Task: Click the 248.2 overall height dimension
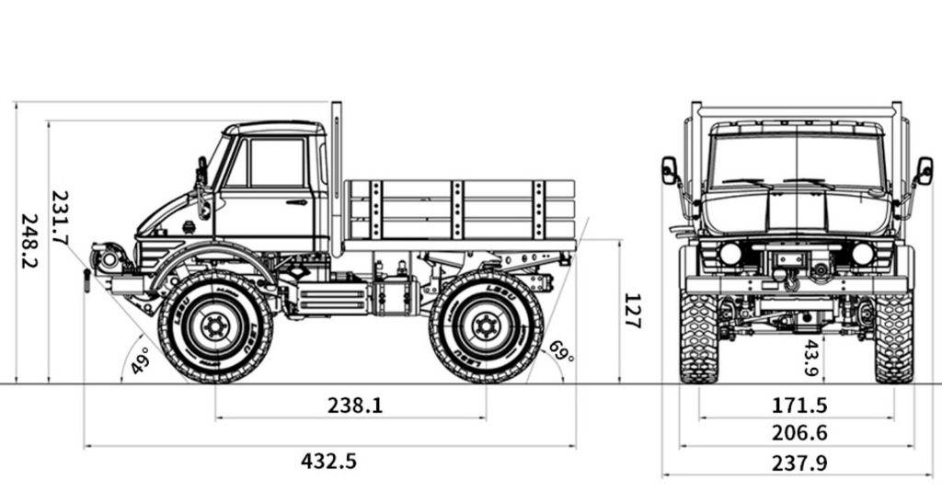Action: (x=29, y=241)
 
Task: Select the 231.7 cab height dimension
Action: (x=60, y=218)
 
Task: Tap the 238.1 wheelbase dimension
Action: (x=355, y=405)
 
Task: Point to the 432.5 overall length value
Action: (x=328, y=461)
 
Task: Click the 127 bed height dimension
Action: (x=632, y=311)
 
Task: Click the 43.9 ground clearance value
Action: (x=811, y=358)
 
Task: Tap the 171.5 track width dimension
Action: (x=798, y=405)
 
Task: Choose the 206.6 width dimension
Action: (x=798, y=433)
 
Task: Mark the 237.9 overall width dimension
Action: (x=798, y=462)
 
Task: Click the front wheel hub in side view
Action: (x=215, y=325)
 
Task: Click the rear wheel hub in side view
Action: (x=486, y=325)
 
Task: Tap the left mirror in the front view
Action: (x=670, y=170)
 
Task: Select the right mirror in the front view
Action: (x=924, y=171)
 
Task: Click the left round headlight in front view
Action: (x=730, y=254)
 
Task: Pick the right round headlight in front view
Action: (x=862, y=254)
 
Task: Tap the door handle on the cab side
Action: (x=296, y=202)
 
